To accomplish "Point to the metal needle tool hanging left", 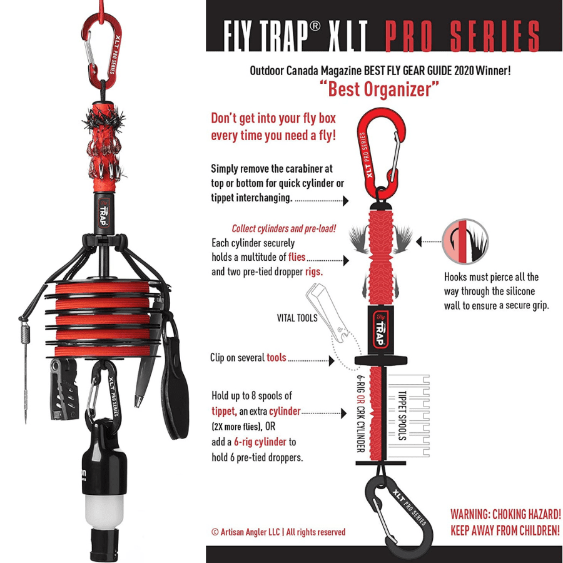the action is click(25, 370).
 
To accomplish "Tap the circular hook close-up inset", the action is click(465, 241).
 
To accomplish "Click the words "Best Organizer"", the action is click(379, 89).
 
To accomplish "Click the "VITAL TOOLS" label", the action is click(297, 318).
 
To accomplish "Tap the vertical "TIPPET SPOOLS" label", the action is click(402, 415).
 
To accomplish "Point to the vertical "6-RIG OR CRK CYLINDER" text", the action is click(361, 413).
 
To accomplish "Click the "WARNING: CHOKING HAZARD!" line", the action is click(505, 514).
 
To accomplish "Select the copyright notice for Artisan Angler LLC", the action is click(278, 532).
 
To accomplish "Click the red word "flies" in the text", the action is click(297, 257).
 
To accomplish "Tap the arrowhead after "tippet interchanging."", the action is click(346, 200).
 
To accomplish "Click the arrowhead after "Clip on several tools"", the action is click(332, 360).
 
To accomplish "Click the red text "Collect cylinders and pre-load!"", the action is click(283, 229).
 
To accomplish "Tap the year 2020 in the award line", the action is click(464, 70).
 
